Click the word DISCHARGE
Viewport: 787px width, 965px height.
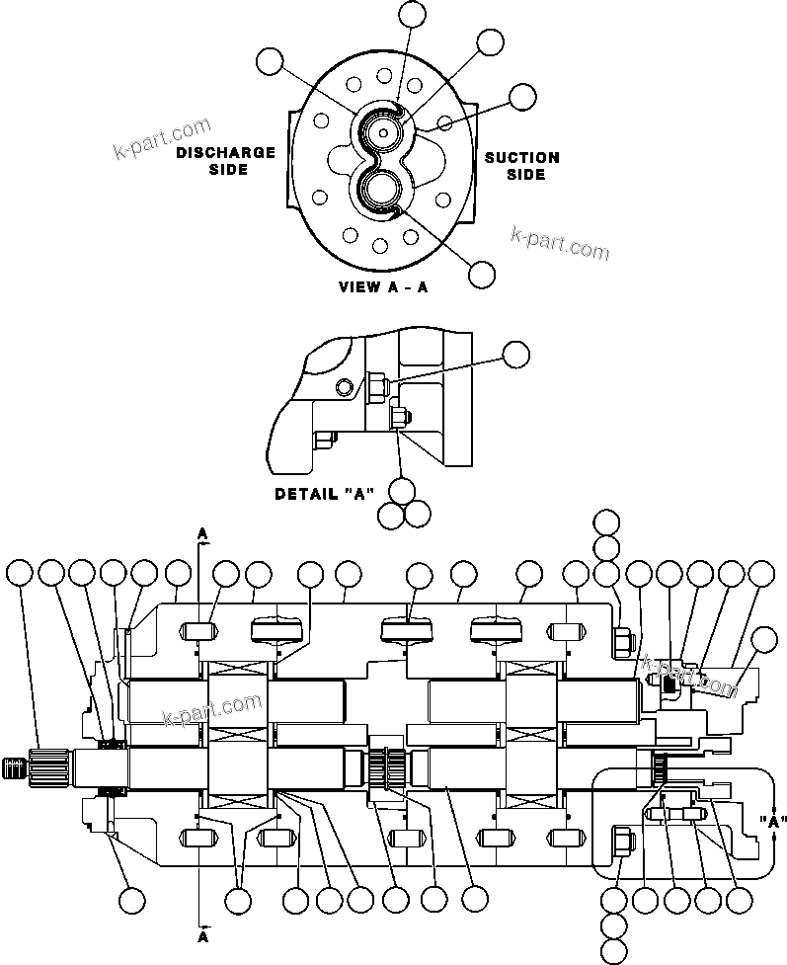point(225,152)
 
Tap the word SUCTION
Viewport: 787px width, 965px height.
point(521,157)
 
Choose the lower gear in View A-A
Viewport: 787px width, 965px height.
point(381,190)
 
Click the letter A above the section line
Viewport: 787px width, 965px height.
point(203,533)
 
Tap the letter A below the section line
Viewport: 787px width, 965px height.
point(203,933)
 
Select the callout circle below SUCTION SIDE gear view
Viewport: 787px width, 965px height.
point(482,276)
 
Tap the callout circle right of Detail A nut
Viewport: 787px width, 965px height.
point(516,355)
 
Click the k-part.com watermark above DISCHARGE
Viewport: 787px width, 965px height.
point(162,140)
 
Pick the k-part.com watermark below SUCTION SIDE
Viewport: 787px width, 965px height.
point(560,243)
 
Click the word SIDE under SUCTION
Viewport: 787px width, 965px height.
point(526,175)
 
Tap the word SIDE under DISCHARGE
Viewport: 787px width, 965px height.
point(229,169)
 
